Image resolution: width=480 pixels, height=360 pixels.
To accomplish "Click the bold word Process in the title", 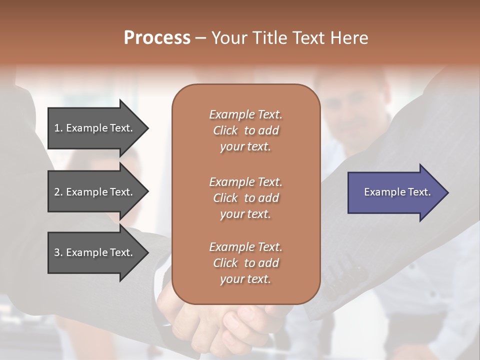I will click(157, 38).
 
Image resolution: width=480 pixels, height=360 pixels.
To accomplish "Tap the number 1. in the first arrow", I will click(58, 128).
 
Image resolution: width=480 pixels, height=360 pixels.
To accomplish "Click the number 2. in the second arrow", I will click(58, 192).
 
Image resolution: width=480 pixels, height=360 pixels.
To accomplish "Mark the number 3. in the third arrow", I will click(58, 252).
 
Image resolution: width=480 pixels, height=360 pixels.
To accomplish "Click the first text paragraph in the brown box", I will click(245, 130).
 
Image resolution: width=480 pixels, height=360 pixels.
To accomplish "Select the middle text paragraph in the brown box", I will click(245, 198).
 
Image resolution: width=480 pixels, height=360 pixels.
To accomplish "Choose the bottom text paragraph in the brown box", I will click(245, 263).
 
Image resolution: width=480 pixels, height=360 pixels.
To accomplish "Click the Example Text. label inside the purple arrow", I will click(397, 192).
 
